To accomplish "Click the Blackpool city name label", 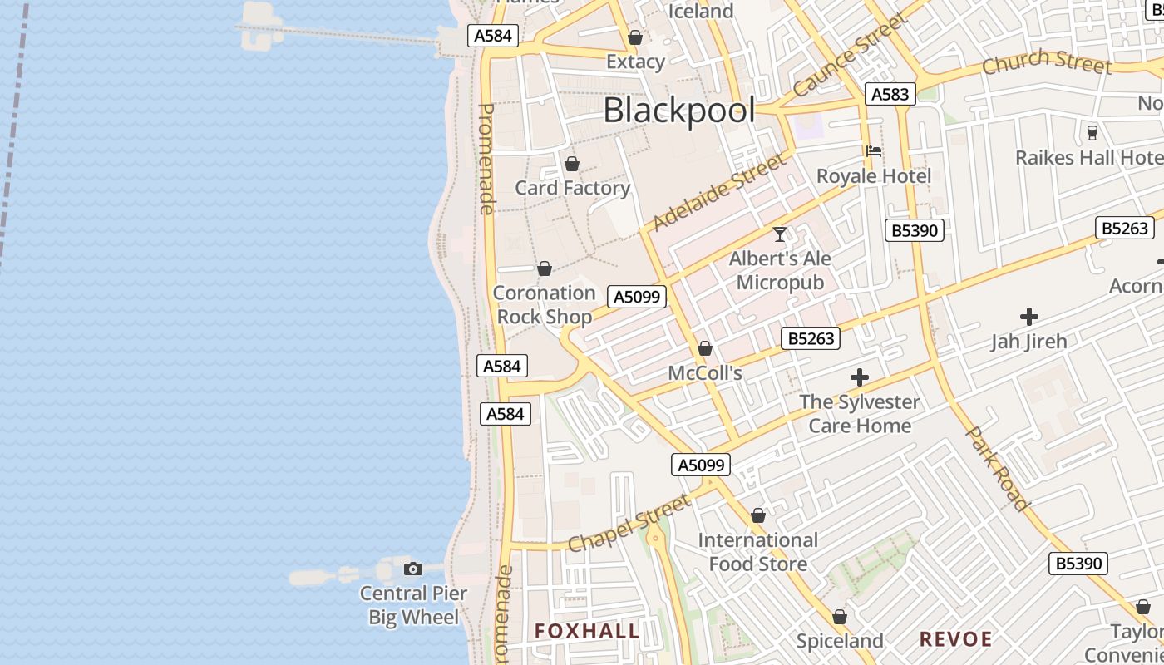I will pyautogui.click(x=678, y=111).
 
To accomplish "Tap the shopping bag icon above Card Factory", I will pyautogui.click(x=571, y=164).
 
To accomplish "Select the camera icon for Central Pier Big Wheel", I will pyautogui.click(x=413, y=569).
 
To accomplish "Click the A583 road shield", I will pyautogui.click(x=890, y=94).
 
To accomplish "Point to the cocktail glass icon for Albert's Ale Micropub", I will pyautogui.click(x=780, y=234).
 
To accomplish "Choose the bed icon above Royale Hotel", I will pyautogui.click(x=874, y=151).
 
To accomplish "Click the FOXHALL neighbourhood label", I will pyautogui.click(x=587, y=631).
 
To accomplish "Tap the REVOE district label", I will pyautogui.click(x=955, y=639).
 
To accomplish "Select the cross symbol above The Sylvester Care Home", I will pyautogui.click(x=860, y=378).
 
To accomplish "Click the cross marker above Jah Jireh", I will pyautogui.click(x=1029, y=317).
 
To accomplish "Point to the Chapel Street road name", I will pyautogui.click(x=629, y=524).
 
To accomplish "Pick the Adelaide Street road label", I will pyautogui.click(x=720, y=192).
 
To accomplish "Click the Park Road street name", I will pyautogui.click(x=998, y=468).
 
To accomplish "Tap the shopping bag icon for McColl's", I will pyautogui.click(x=705, y=348).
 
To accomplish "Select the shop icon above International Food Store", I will pyautogui.click(x=757, y=516).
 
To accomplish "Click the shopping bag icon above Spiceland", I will pyautogui.click(x=840, y=618).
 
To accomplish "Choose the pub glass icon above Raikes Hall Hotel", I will pyautogui.click(x=1092, y=133).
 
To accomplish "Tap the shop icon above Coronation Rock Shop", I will pyautogui.click(x=545, y=268).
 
